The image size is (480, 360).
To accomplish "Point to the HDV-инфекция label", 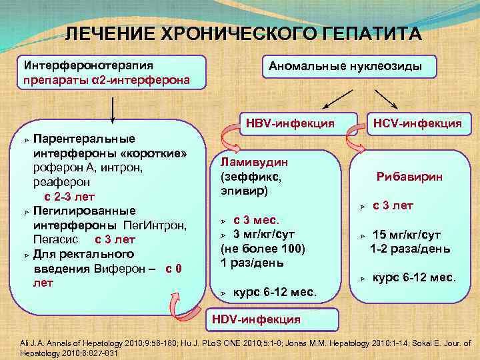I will tap(256, 319).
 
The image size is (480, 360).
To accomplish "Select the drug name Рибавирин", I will tap(409, 177).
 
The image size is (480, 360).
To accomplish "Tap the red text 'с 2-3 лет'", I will tap(69, 197).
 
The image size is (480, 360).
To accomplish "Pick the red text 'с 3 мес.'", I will tap(256, 219).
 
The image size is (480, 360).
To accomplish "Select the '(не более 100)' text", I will tap(262, 248).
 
